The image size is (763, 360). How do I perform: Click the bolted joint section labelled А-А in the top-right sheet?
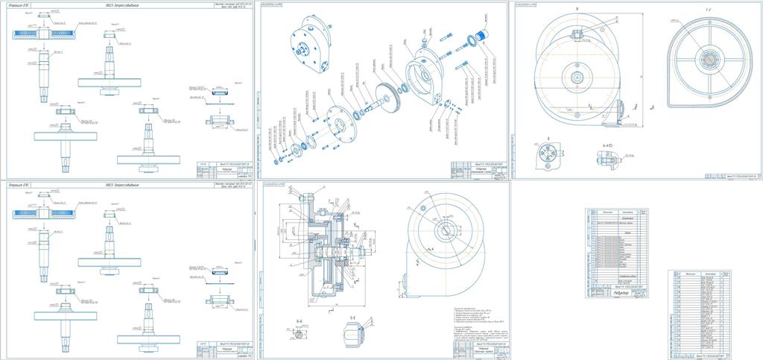tap(604, 158)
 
